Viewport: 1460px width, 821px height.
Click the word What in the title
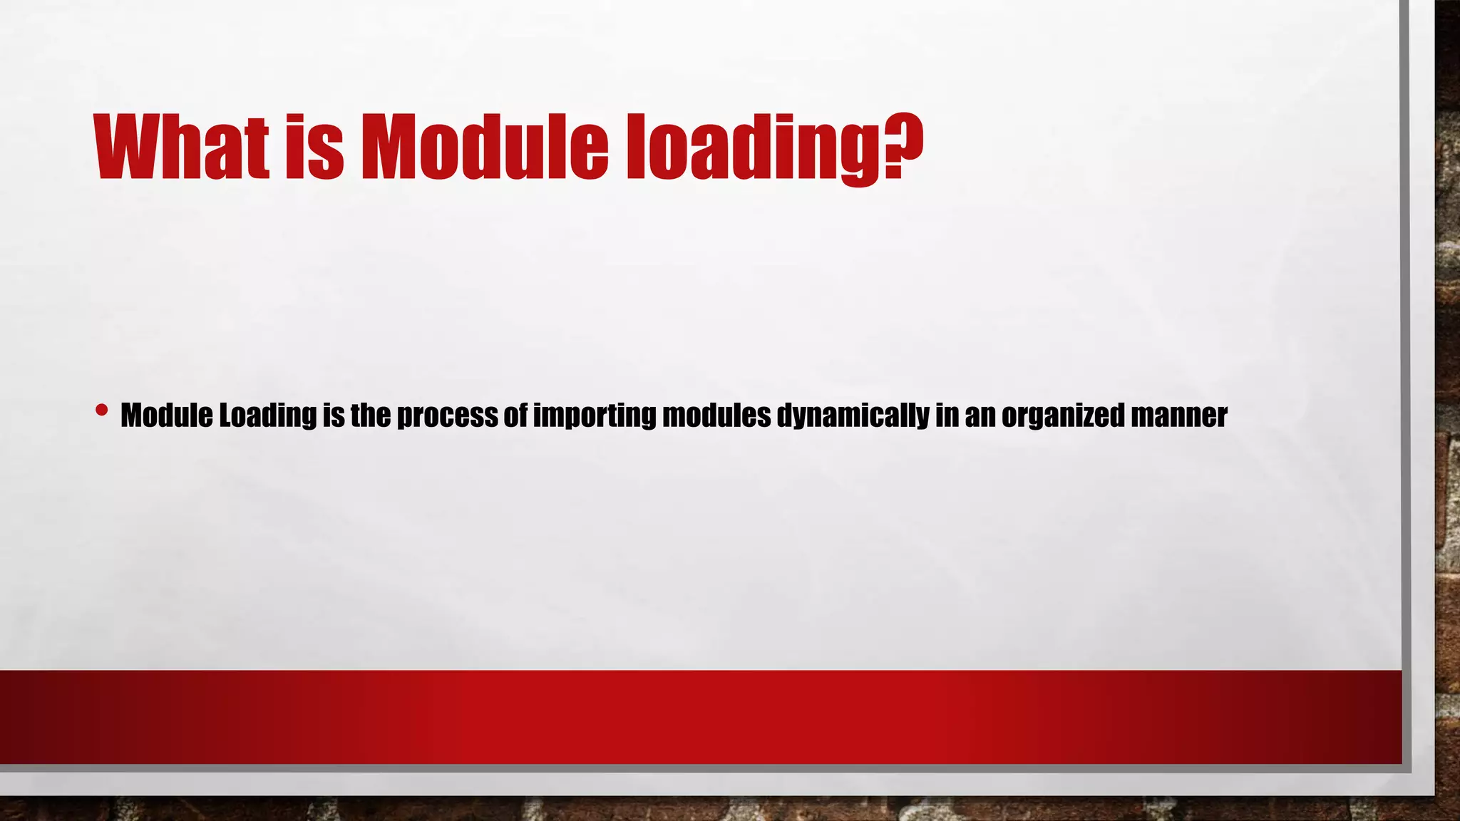point(182,147)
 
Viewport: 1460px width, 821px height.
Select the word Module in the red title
point(485,147)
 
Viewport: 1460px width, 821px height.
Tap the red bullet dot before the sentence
point(101,410)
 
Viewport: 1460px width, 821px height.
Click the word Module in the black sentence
point(167,415)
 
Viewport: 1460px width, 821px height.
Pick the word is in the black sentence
point(334,415)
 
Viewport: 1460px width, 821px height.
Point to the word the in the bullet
point(370,415)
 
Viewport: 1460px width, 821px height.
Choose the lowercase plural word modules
point(716,415)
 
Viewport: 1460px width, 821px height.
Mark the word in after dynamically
point(947,415)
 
